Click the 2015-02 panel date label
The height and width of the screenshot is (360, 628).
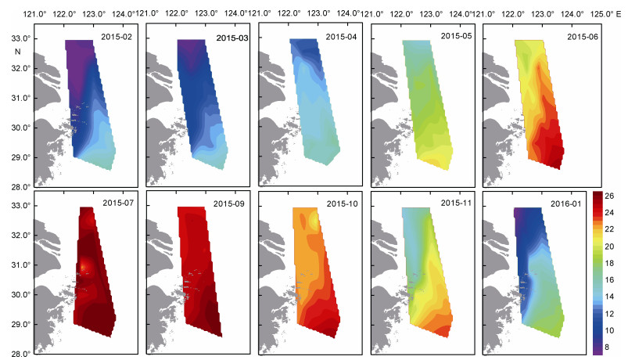point(117,37)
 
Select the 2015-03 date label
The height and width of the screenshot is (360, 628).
point(232,38)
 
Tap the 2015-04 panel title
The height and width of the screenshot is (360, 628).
point(341,37)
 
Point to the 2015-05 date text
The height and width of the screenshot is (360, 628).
point(456,36)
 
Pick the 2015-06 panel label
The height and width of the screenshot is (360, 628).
point(583,37)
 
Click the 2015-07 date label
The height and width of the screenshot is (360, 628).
point(118,203)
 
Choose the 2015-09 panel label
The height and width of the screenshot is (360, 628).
point(228,203)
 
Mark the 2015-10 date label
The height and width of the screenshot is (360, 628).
point(342,203)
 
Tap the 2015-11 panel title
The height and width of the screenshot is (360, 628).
point(456,203)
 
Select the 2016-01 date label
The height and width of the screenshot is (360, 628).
point(565,203)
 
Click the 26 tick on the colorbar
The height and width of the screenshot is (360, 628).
point(609,196)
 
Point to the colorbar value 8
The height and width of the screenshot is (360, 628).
point(607,347)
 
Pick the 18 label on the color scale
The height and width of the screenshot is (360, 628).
point(609,264)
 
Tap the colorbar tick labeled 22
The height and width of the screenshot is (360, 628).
point(609,229)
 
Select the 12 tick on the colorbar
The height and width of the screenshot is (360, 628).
point(609,314)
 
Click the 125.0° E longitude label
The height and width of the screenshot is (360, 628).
point(605,14)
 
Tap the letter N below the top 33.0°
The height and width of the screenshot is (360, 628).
point(17,52)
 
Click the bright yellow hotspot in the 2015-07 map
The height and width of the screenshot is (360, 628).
point(84,267)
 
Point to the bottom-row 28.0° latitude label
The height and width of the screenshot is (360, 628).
point(21,354)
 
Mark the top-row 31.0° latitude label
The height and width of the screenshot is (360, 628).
point(21,99)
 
